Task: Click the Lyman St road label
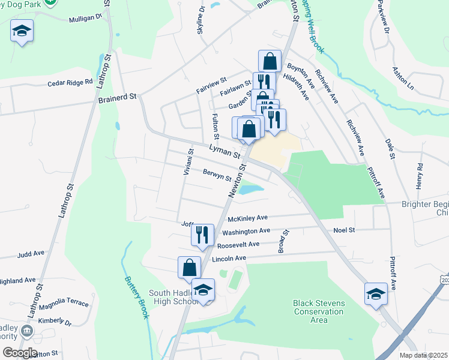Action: click(x=224, y=151)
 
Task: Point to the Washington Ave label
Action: click(x=246, y=231)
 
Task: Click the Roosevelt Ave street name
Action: click(x=238, y=244)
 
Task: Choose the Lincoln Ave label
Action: click(x=230, y=258)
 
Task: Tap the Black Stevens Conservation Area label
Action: click(x=319, y=311)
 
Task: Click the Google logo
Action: click(x=20, y=353)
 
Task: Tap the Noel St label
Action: click(x=344, y=230)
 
